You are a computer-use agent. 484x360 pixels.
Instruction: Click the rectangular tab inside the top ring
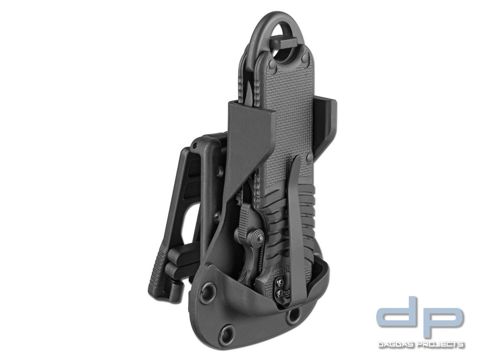[282, 42]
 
